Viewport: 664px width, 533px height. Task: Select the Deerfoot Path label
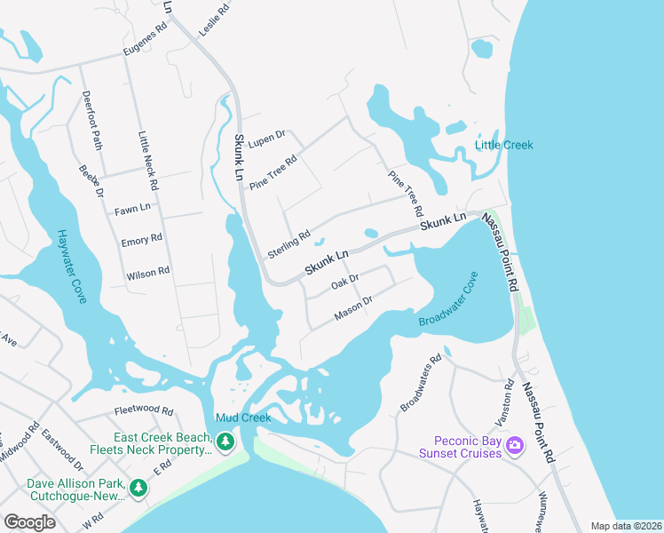click(x=91, y=120)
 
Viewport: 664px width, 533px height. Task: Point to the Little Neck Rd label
click(x=147, y=162)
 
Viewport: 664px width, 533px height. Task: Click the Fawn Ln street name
click(x=132, y=210)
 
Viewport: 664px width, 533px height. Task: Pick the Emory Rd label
click(x=141, y=240)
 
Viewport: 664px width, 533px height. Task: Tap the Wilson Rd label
click(x=147, y=272)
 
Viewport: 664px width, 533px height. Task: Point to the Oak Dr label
click(x=344, y=282)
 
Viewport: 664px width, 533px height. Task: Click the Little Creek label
click(x=504, y=145)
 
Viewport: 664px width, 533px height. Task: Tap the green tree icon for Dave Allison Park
click(x=138, y=488)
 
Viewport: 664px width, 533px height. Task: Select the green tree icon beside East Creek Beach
click(x=225, y=442)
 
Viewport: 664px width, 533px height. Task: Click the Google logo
click(x=29, y=521)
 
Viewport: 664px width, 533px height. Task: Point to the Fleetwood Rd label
click(x=144, y=410)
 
